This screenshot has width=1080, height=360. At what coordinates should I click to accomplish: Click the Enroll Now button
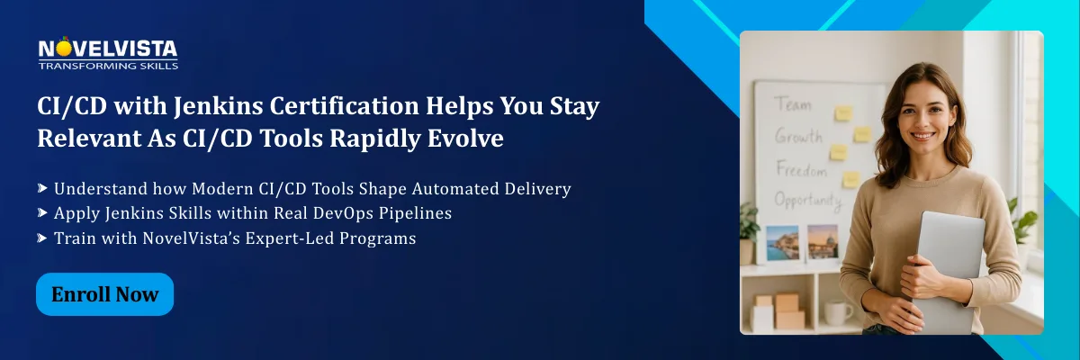pos(104,294)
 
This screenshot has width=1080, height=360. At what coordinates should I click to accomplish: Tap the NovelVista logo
pos(108,53)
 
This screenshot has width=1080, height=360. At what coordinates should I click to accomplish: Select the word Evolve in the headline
pos(466,139)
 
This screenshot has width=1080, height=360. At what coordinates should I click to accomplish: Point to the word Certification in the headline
pos(344,106)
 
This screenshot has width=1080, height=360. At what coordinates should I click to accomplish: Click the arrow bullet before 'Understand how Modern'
pos(42,188)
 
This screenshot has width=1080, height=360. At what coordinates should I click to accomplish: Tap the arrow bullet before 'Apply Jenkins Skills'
pos(42,212)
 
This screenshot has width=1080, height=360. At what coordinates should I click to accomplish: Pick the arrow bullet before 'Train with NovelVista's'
pos(42,238)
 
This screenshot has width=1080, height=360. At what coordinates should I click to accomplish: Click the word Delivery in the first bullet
pos(537,189)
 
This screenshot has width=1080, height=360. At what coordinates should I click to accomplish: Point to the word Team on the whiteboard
pos(793,103)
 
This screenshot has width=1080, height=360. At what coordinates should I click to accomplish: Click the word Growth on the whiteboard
pos(798,136)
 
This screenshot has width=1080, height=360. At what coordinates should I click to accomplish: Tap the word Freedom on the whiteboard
pos(801,169)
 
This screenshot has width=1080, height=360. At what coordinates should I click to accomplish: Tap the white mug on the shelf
pos(838,312)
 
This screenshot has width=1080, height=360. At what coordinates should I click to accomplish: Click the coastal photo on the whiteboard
pos(782,243)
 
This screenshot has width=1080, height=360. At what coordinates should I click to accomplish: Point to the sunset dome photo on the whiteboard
pos(823,242)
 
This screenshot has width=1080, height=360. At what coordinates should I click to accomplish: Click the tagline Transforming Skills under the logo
pos(108,66)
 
